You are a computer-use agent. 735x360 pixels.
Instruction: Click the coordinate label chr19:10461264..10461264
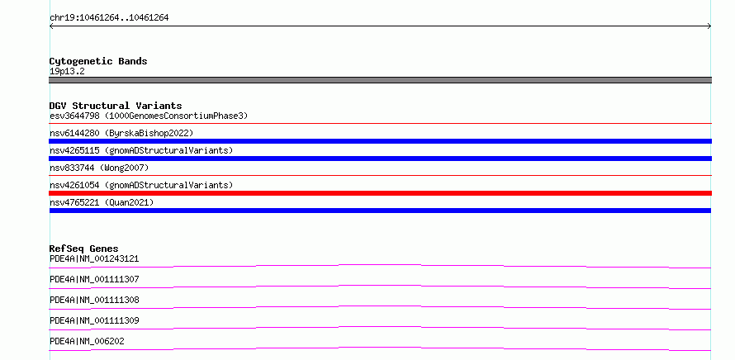[109, 18]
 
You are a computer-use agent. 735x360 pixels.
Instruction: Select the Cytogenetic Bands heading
[98, 61]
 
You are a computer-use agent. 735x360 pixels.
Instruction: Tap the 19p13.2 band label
[67, 72]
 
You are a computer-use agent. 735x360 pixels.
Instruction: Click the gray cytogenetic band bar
[380, 80]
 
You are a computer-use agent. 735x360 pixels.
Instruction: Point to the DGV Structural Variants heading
[116, 106]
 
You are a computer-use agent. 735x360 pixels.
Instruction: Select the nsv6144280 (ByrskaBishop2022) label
[121, 133]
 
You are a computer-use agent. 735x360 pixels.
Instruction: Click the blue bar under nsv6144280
[380, 141]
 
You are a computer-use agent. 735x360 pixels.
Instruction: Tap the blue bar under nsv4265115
[380, 159]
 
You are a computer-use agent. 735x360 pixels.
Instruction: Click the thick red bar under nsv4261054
[380, 193]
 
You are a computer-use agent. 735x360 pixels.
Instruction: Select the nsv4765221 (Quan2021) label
[102, 202]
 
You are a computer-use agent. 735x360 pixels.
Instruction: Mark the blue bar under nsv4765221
[380, 211]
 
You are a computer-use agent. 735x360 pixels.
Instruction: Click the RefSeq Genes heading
[84, 249]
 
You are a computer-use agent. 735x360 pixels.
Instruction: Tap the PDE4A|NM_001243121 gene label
[94, 258]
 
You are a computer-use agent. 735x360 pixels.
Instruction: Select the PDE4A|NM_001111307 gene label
[94, 279]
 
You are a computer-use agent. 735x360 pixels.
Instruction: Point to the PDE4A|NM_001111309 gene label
[94, 320]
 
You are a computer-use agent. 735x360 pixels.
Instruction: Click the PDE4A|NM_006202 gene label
[88, 341]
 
